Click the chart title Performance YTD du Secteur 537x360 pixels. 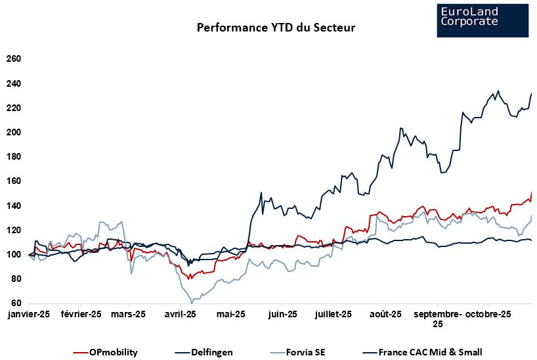coord(276,28)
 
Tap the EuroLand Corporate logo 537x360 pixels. coord(482,20)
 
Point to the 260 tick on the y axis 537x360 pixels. coord(14,59)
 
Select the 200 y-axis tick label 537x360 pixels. coord(14,133)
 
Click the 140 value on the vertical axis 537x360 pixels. coord(14,206)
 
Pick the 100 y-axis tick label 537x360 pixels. coord(14,255)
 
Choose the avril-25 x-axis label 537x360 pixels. coord(180,314)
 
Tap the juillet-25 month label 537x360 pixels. coord(333,314)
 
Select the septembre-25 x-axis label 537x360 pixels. coord(437,319)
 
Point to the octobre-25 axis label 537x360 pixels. coord(488,314)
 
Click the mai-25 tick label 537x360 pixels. coord(230,314)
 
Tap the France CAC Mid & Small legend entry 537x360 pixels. coord(430,352)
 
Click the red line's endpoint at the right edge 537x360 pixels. coord(531,193)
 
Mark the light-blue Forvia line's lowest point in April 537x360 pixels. coord(192,303)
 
